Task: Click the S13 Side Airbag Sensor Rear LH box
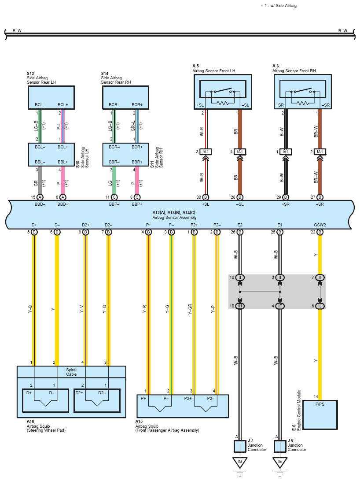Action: click(51, 97)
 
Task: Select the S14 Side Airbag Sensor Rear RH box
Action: click(125, 97)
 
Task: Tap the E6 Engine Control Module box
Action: click(320, 415)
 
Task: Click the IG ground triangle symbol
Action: click(240, 462)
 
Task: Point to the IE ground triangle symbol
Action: click(280, 462)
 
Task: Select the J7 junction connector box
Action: click(240, 446)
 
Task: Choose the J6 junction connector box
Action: click(280, 446)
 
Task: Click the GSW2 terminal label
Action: click(320, 225)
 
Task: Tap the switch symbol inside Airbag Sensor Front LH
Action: click(223, 91)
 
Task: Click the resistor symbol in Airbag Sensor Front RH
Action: click(303, 103)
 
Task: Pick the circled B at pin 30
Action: click(206, 197)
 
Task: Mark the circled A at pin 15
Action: click(40, 197)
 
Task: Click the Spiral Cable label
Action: click(71, 372)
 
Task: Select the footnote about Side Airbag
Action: click(279, 6)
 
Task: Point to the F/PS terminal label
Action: click(320, 404)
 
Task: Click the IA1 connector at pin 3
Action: click(206, 152)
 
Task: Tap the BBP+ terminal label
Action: click(137, 204)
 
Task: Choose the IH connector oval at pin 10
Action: click(240, 306)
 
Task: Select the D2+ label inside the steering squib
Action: click(79, 392)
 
